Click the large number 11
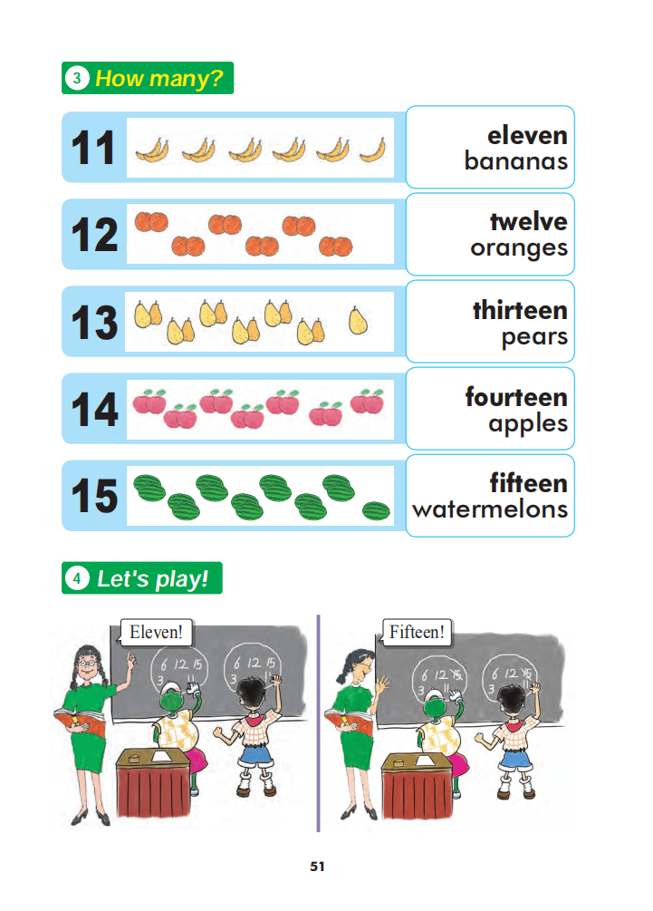93,148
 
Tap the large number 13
94,322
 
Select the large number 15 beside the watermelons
94,496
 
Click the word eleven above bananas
527,135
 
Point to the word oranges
519,248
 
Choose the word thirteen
520,310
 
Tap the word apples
528,424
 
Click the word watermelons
490,509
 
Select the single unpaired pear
358,320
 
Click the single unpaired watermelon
376,510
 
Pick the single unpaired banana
372,151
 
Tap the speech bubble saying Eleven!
156,632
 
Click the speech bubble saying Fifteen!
416,632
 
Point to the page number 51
318,867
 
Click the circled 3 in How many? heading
77,78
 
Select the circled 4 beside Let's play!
77,578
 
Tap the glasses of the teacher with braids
88,663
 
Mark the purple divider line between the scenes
318,723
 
